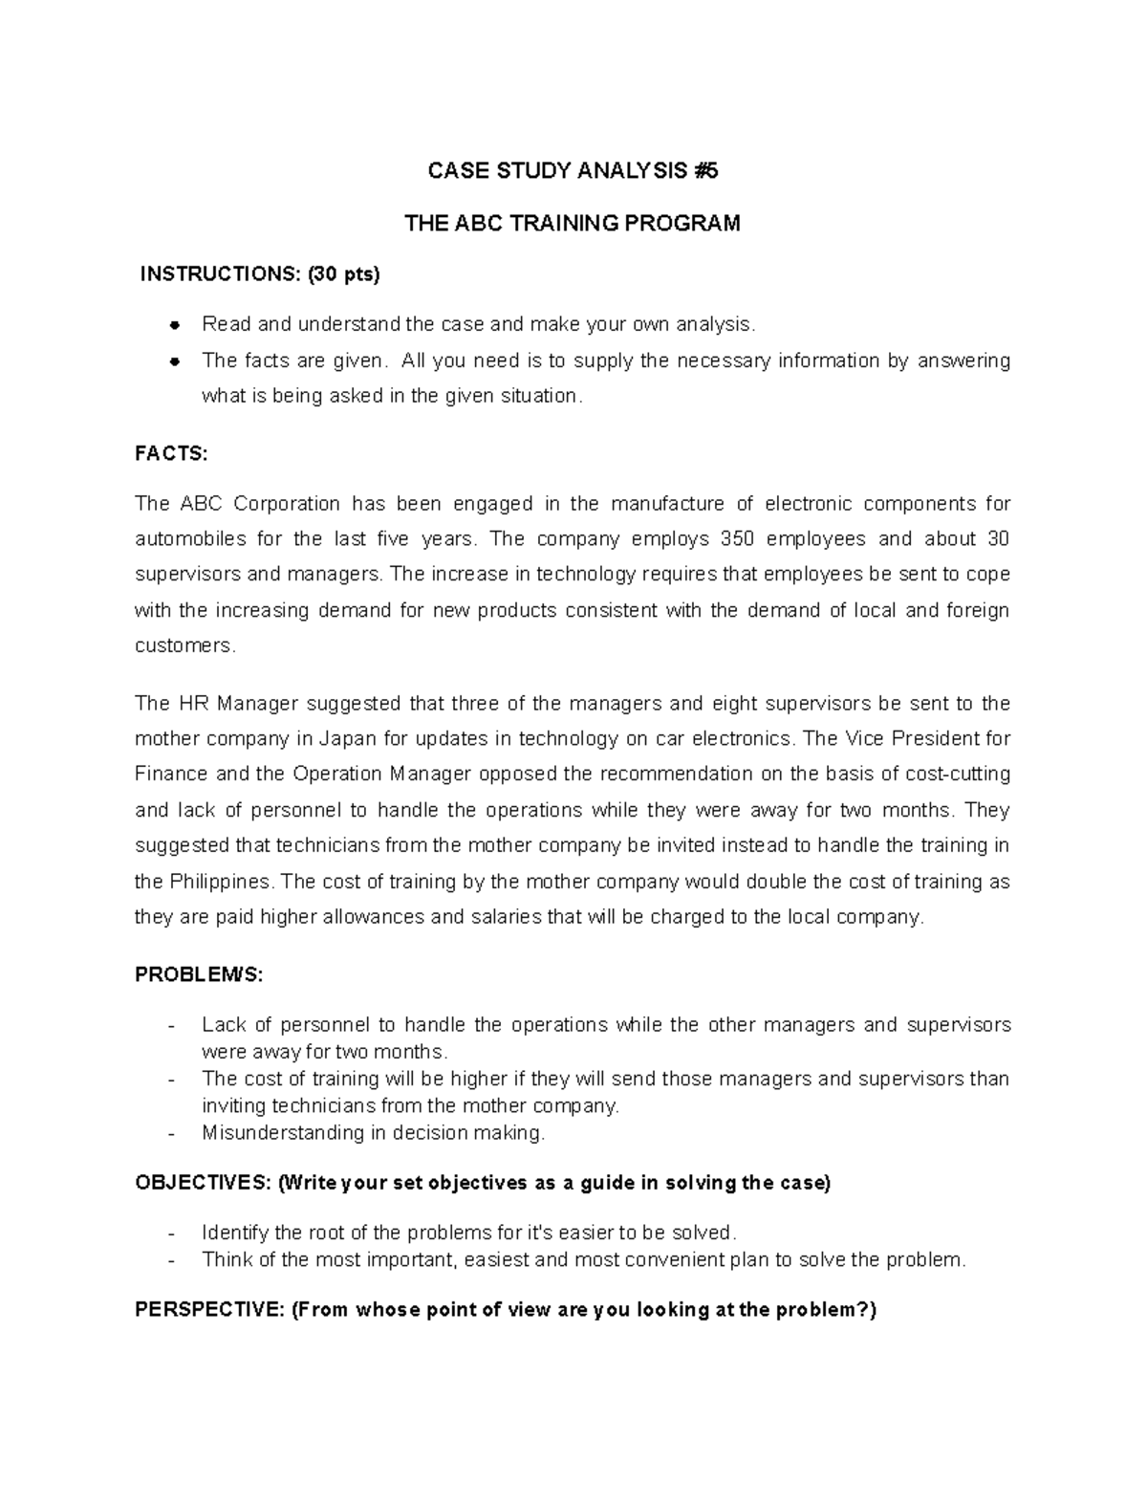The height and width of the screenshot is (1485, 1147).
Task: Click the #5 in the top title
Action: (706, 171)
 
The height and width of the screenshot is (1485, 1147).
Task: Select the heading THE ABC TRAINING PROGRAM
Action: (573, 224)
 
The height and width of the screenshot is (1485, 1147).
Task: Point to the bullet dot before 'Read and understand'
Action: (175, 325)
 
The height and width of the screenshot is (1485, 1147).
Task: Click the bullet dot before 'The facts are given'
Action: (175, 361)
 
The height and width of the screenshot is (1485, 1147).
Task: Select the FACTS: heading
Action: (171, 454)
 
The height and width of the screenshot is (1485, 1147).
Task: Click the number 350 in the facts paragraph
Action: (738, 539)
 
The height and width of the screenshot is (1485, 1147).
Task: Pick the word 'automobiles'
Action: (189, 539)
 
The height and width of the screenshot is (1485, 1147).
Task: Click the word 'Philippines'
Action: (219, 882)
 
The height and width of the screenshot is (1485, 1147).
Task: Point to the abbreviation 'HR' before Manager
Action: (193, 704)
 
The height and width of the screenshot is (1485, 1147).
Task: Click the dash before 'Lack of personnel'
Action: (171, 1026)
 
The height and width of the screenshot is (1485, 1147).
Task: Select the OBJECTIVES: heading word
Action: (203, 1183)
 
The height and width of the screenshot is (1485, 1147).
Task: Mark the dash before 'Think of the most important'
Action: (171, 1260)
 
